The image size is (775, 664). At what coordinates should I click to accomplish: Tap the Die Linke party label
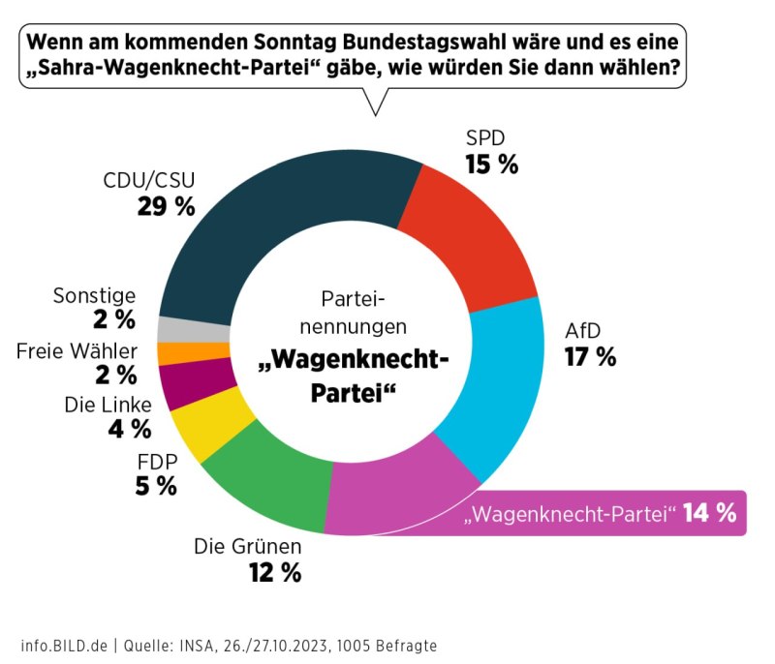point(108,403)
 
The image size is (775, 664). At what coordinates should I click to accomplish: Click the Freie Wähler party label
point(77,350)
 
